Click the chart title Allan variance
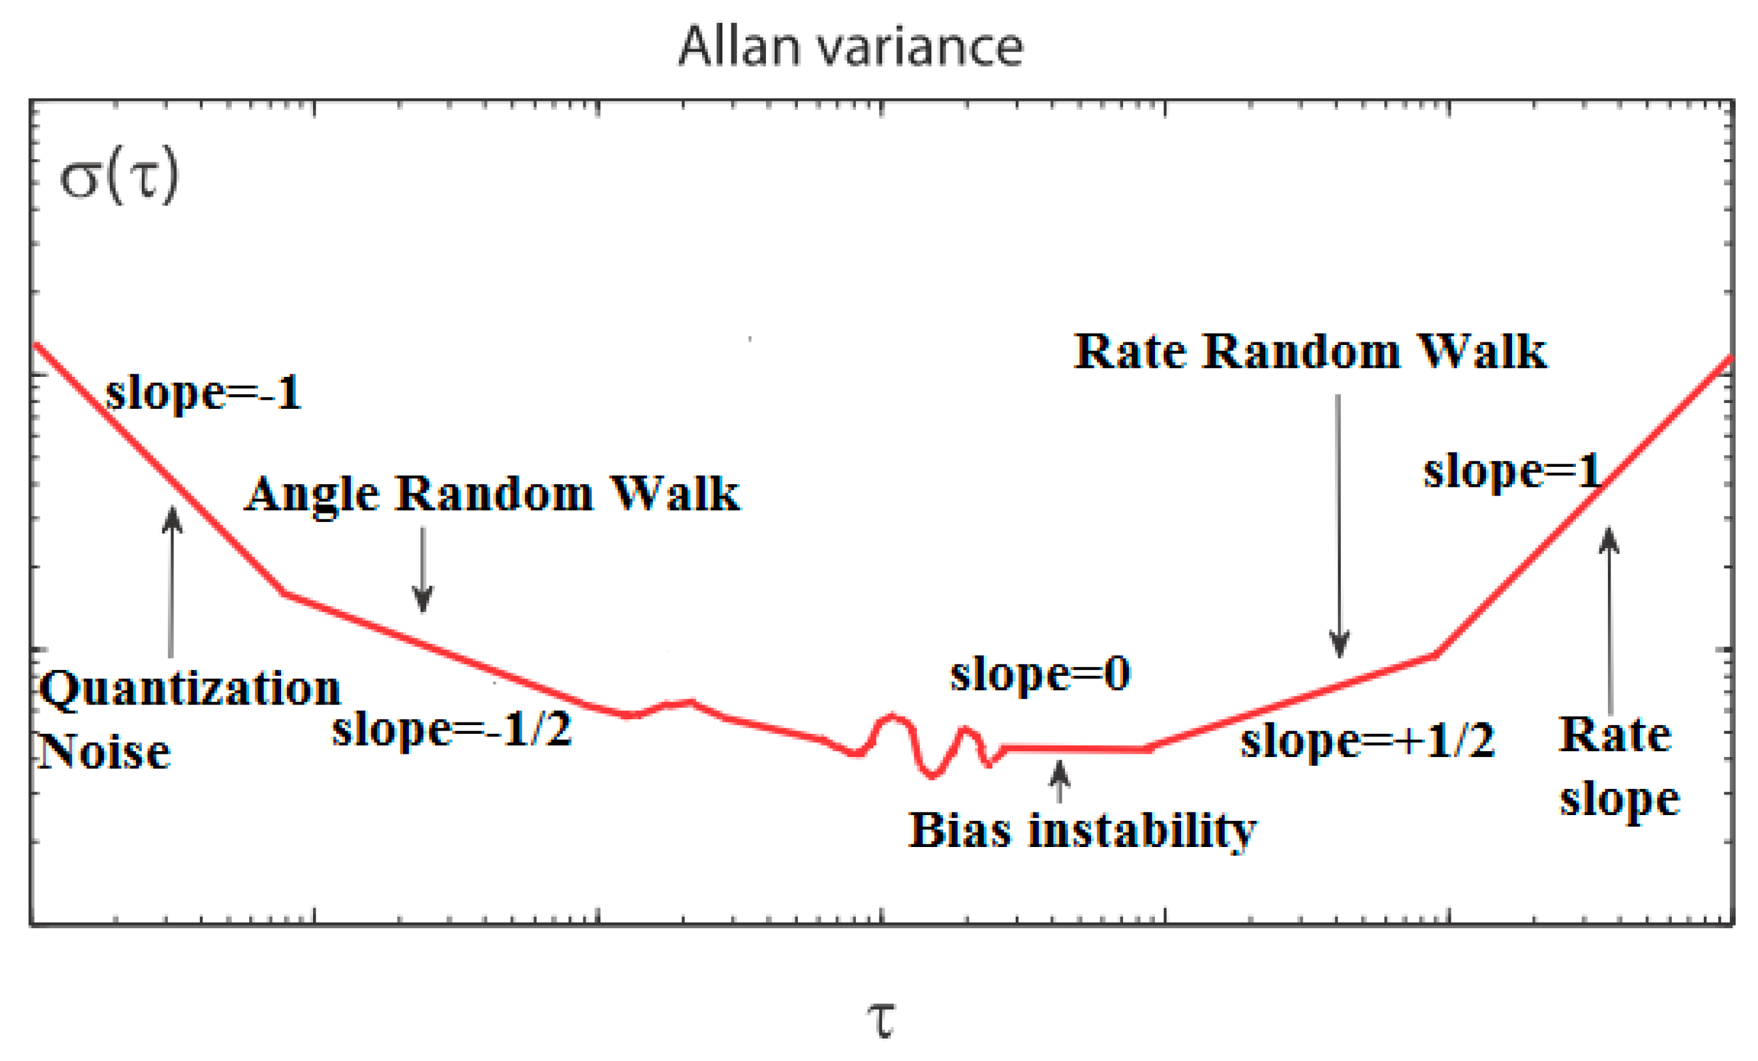click(x=850, y=47)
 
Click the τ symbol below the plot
click(x=881, y=1018)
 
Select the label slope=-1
click(x=203, y=392)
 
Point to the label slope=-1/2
click(x=452, y=729)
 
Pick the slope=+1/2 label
click(x=1367, y=740)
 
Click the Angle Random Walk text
click(x=493, y=494)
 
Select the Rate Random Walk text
click(x=1310, y=352)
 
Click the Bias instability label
click(x=1082, y=830)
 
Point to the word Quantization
click(x=190, y=689)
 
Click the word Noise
click(x=105, y=752)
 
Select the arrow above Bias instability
click(x=1060, y=782)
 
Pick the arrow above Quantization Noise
click(x=171, y=581)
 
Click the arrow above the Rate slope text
click(x=1609, y=621)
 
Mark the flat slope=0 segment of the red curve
click(x=1075, y=749)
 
